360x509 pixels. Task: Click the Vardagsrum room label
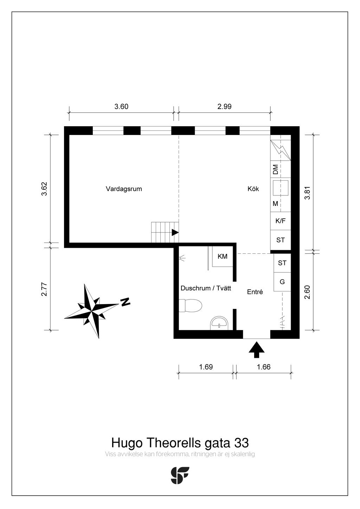coord(124,189)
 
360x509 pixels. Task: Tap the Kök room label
coord(253,189)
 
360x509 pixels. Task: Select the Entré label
coord(255,292)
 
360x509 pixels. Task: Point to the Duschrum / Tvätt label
coord(206,288)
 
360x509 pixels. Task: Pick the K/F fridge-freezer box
coord(281,221)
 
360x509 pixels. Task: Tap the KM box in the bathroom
coord(223,257)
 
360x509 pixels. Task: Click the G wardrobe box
coord(282,282)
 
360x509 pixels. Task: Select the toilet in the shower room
coord(190,305)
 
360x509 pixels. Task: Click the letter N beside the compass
coord(126,302)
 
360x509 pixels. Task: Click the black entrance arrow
coord(257,350)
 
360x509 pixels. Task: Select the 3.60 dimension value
coord(121,107)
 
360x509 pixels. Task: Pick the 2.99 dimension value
coord(224,107)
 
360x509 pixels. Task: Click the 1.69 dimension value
coord(206,367)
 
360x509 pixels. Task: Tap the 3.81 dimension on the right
coord(308,193)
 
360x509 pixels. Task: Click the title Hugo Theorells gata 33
coord(180,442)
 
